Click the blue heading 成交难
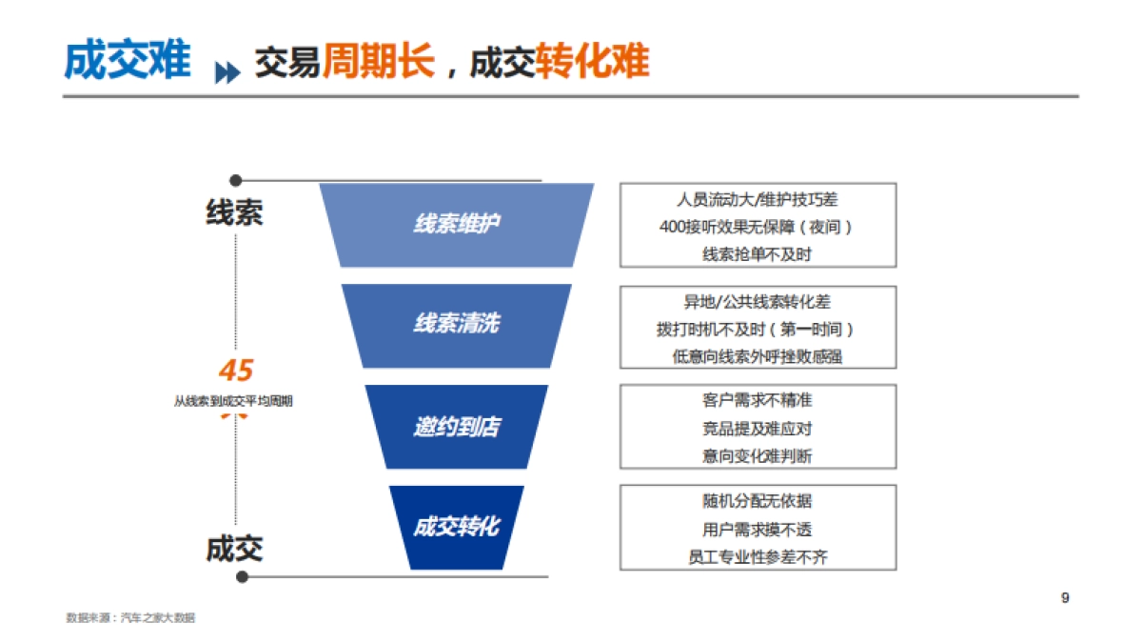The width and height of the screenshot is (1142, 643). pos(127,61)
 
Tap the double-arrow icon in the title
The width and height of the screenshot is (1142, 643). pos(227,73)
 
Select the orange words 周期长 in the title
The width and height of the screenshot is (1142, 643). pos(378,62)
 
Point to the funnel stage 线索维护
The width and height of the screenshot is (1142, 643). pos(457,224)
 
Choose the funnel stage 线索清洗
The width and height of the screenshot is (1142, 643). pos(457,325)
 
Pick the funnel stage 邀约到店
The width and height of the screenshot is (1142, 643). pos(457,426)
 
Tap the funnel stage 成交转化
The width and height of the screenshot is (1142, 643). pos(457,527)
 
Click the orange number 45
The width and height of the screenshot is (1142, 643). pos(236,371)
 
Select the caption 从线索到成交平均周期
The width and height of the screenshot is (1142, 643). pos(233,402)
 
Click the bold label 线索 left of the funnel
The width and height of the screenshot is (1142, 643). pos(234,211)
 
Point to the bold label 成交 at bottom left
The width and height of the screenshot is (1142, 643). pos(234,549)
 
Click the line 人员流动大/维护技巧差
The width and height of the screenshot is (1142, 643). pos(758,200)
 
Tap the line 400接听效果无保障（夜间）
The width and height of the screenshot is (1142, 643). pos(758,228)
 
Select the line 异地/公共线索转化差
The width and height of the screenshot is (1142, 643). pos(758,302)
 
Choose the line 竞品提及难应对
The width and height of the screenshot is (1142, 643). pos(758,429)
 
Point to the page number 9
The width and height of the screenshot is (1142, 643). pos(1065,598)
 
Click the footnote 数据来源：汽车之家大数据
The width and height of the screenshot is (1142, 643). pos(130,618)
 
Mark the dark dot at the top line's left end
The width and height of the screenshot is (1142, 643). pos(236,179)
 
